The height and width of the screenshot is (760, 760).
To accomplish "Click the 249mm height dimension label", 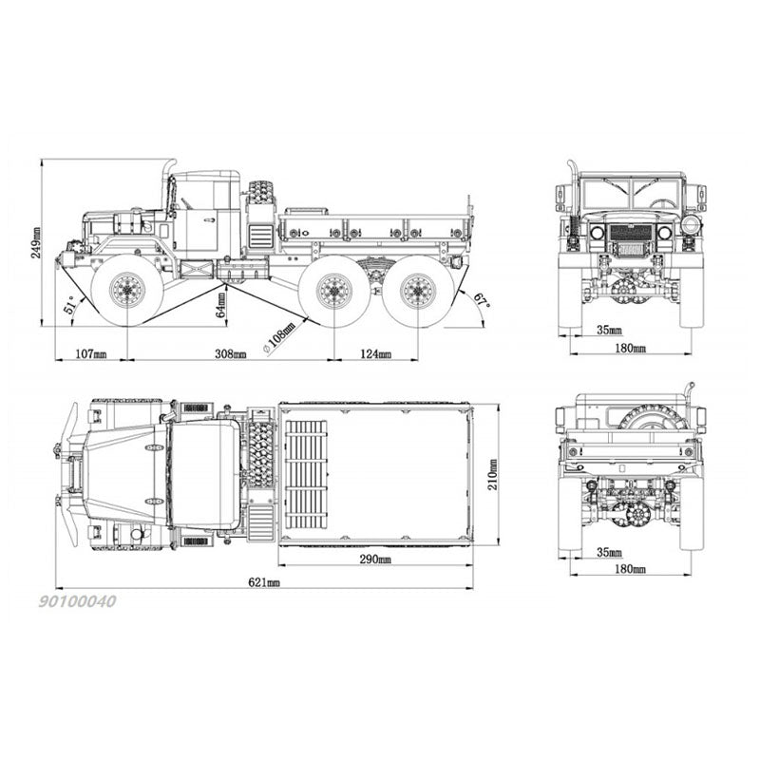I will (x=36, y=242).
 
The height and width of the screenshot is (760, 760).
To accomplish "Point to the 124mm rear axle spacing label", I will (x=375, y=353).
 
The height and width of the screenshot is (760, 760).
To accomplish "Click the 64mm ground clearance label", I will (x=220, y=304).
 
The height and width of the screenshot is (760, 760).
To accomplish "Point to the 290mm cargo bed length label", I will (x=375, y=560).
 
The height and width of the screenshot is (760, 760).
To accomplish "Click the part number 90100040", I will (x=78, y=601).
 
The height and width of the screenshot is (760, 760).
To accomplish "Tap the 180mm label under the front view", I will (x=630, y=349).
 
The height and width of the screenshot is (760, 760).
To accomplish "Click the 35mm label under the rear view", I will (x=611, y=551).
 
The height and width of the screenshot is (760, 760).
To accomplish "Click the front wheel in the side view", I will (x=126, y=290).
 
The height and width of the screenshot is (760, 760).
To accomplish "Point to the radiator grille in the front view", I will (x=631, y=234).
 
